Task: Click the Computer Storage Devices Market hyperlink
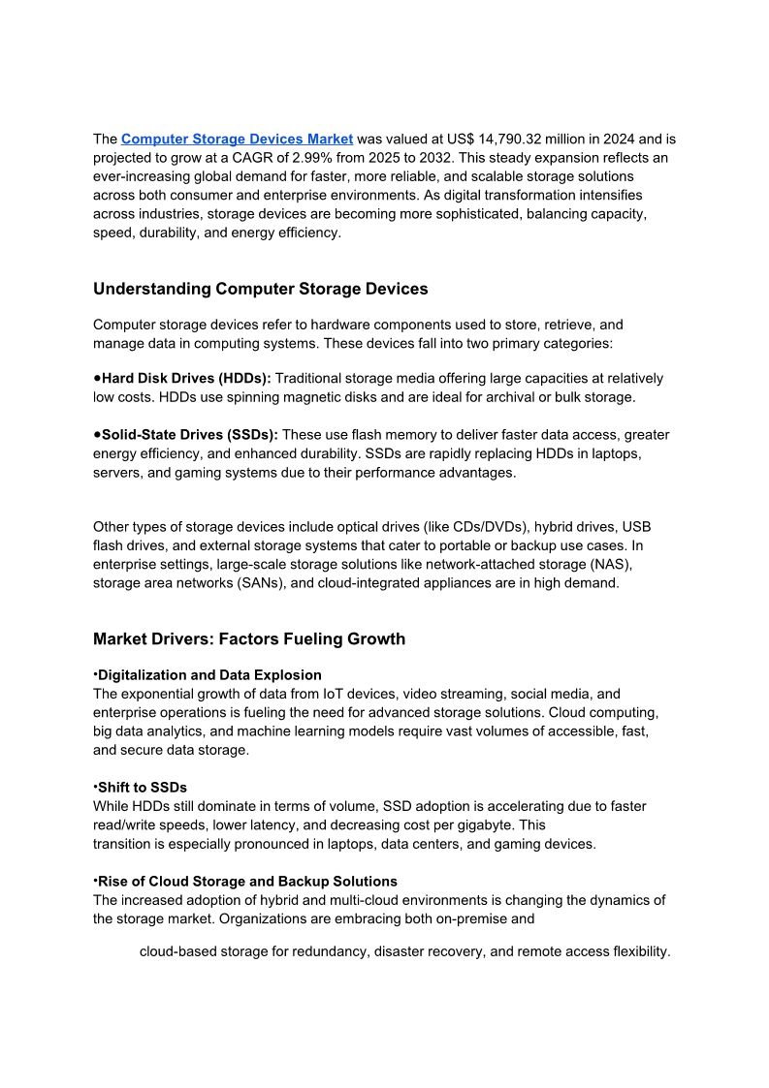tap(237, 139)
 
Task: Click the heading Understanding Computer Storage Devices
tap(260, 289)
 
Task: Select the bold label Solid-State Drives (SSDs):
tap(189, 435)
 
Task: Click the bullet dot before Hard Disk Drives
tap(97, 378)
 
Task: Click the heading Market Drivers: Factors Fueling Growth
tap(249, 638)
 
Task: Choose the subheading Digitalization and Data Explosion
tap(209, 674)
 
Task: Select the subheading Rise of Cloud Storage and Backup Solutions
tap(247, 881)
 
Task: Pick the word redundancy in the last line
tap(330, 951)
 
